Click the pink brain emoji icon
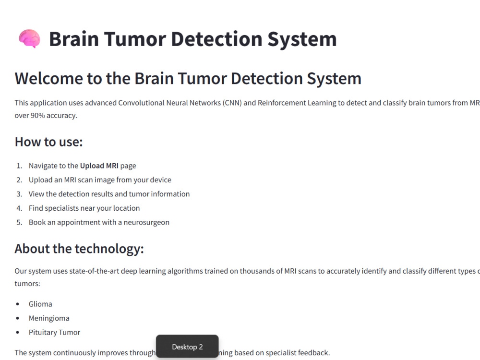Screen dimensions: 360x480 click(x=29, y=39)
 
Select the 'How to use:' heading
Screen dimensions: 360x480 click(x=48, y=142)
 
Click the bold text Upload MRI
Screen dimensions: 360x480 click(x=99, y=166)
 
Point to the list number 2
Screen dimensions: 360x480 click(x=19, y=180)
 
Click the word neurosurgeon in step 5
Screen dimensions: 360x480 click(x=146, y=222)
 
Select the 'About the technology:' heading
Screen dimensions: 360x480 click(x=79, y=249)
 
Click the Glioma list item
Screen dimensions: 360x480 click(x=40, y=304)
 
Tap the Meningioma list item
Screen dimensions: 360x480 click(x=49, y=318)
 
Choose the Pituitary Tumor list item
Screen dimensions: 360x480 click(x=54, y=332)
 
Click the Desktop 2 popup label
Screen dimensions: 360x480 click(x=187, y=347)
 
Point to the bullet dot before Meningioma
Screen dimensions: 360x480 click(x=18, y=318)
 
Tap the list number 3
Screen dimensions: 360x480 click(x=19, y=194)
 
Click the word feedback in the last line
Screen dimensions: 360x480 click(x=313, y=353)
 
